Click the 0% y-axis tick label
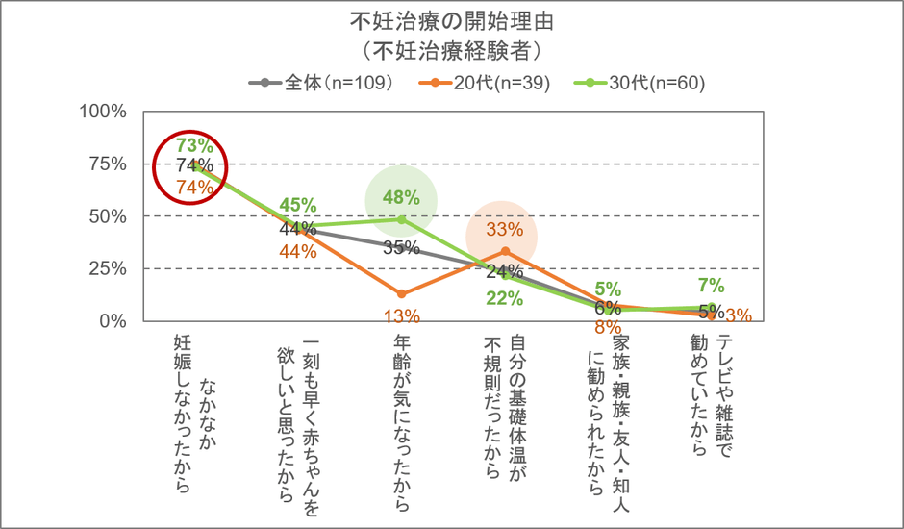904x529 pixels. tap(115, 320)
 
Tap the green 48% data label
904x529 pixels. tap(401, 197)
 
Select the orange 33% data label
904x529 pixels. tap(504, 230)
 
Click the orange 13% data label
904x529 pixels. tap(401, 315)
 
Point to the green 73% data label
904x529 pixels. tap(194, 145)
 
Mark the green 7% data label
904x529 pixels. tap(711, 286)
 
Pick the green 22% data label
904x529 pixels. tap(504, 298)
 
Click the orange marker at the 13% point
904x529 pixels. tap(401, 293)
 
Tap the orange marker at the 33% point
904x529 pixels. tap(504, 251)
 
